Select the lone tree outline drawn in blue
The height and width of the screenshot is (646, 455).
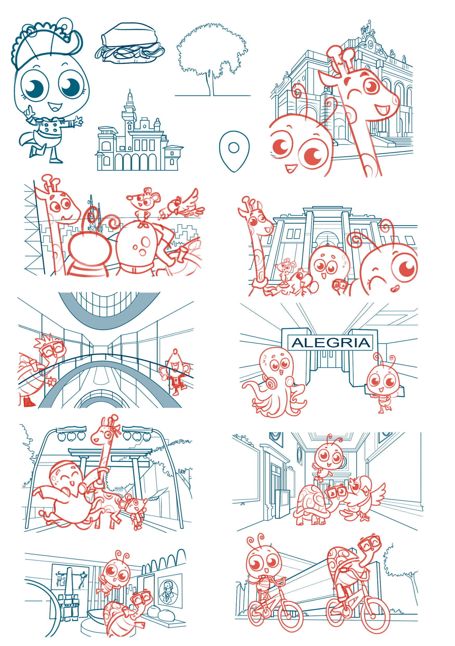tap(212, 59)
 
